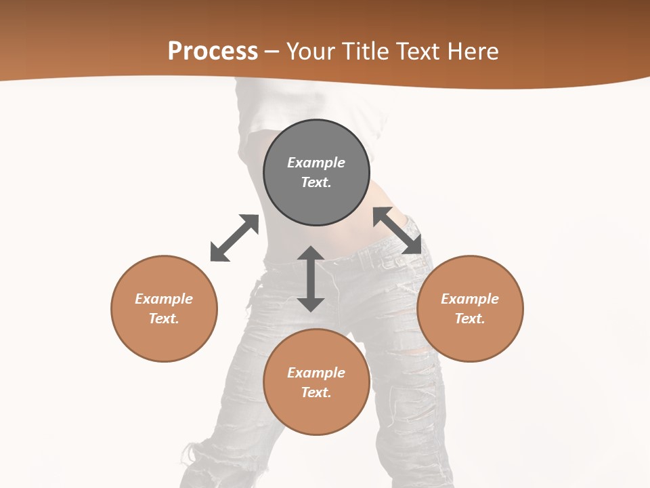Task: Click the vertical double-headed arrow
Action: (x=311, y=279)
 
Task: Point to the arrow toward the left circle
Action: (x=234, y=238)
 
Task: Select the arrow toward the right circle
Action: (x=397, y=230)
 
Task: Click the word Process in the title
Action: (x=213, y=52)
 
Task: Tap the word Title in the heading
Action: (x=366, y=52)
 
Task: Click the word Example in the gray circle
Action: (x=316, y=163)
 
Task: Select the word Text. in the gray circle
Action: (x=316, y=182)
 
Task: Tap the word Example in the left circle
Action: (x=164, y=299)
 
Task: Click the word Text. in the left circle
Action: (x=164, y=319)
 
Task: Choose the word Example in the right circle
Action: (x=470, y=299)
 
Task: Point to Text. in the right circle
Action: (x=470, y=319)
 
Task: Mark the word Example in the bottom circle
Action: (x=316, y=373)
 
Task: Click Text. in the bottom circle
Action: (x=316, y=392)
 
